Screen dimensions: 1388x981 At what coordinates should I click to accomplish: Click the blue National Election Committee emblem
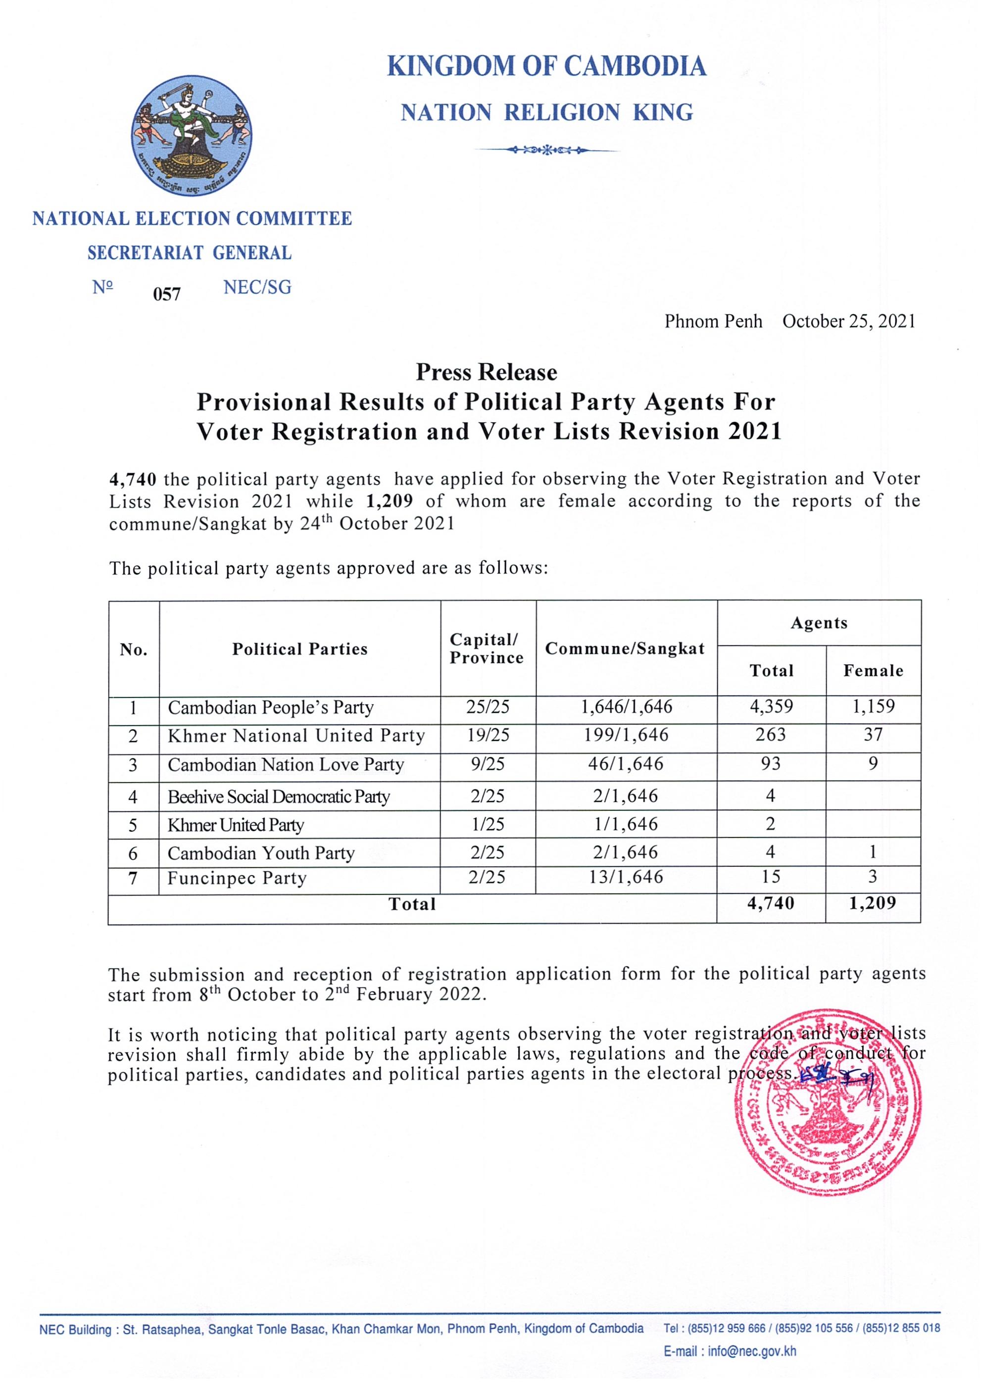click(x=192, y=136)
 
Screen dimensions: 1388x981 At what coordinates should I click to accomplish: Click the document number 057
click(x=166, y=295)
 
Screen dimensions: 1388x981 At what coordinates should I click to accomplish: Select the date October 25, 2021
click(x=849, y=321)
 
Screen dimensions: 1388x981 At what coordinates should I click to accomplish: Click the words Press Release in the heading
click(x=486, y=372)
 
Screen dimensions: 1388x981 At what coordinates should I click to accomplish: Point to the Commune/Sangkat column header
click(x=625, y=648)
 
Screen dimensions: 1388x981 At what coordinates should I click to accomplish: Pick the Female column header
click(x=873, y=670)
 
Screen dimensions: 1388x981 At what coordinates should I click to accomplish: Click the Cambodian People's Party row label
click(x=270, y=707)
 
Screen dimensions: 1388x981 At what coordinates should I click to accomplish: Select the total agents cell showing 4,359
click(x=771, y=706)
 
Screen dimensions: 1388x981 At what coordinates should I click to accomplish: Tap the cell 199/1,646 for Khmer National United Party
click(x=626, y=735)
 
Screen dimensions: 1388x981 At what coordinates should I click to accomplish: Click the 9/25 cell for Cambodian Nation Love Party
click(x=487, y=764)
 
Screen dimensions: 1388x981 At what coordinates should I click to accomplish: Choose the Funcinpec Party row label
click(x=237, y=878)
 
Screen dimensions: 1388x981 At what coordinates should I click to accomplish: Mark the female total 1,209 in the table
click(x=872, y=903)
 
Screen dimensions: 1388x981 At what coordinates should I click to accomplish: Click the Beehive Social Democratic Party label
click(x=279, y=797)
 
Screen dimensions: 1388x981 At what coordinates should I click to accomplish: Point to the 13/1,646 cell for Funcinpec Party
click(x=626, y=877)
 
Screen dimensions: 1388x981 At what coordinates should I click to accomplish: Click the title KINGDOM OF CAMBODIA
click(x=546, y=66)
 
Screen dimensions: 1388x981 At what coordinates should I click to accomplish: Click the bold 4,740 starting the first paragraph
click(x=133, y=479)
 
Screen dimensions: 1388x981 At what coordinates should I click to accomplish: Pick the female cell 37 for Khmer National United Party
click(x=873, y=735)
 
